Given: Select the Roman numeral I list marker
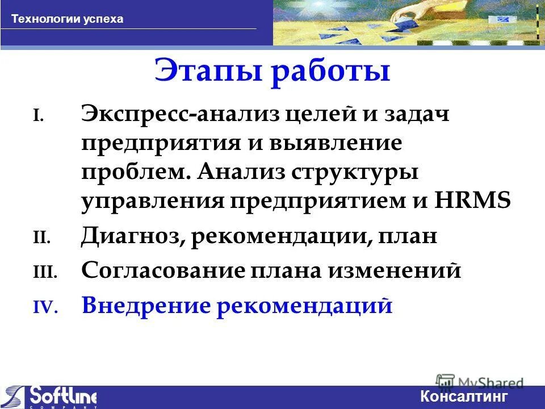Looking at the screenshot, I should click(37, 116).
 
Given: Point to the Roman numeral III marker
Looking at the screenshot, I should click(44, 273).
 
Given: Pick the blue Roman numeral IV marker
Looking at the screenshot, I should click(44, 307).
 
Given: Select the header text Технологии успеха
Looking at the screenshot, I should click(68, 19).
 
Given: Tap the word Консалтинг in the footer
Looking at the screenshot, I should click(464, 397).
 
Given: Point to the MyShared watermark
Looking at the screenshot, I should click(480, 382).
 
